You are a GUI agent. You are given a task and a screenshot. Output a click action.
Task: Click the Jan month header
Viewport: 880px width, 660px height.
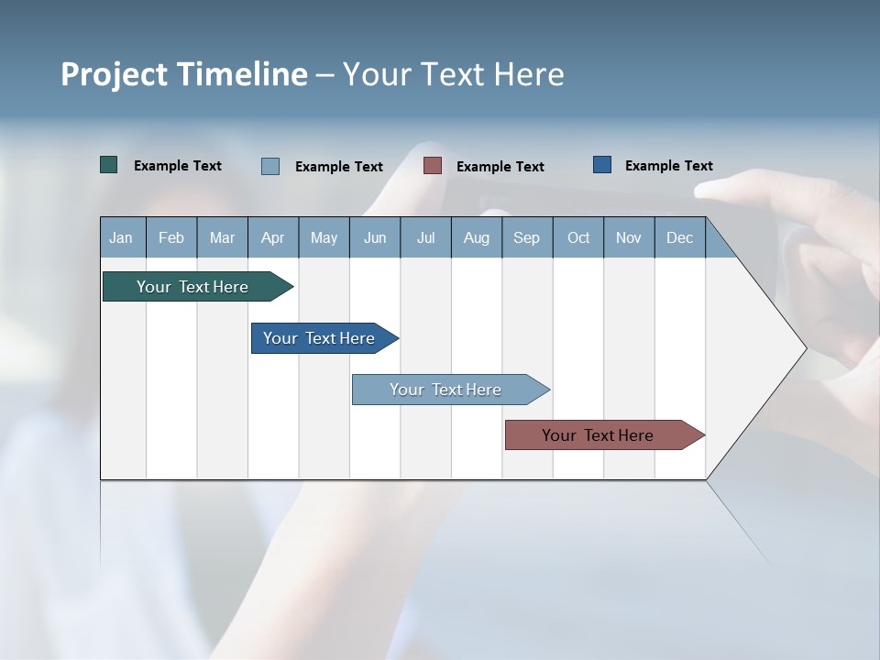121,237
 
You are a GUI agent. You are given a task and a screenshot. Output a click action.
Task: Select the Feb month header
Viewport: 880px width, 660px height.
171,237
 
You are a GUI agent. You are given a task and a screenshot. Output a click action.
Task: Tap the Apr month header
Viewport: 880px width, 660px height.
273,237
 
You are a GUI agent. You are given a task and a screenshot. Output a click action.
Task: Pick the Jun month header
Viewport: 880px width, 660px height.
375,237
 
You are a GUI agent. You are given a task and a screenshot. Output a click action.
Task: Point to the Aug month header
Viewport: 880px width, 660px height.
477,237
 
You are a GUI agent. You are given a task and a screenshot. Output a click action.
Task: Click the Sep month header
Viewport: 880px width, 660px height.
527,237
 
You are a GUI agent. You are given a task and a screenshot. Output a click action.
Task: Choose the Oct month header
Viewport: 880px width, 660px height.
578,237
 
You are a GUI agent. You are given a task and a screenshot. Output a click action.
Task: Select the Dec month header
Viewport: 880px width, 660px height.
680,237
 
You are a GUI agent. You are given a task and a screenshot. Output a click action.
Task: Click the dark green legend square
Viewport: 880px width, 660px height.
109,165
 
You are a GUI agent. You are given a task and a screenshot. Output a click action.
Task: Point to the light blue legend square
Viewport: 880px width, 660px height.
270,166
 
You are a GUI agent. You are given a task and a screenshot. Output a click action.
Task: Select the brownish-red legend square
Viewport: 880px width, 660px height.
433,166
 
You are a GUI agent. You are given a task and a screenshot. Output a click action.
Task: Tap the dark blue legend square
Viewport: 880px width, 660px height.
602,165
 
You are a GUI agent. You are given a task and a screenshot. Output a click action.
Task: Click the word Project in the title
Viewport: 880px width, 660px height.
114,74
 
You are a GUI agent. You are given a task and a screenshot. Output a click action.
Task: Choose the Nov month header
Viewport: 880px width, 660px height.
629,237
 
